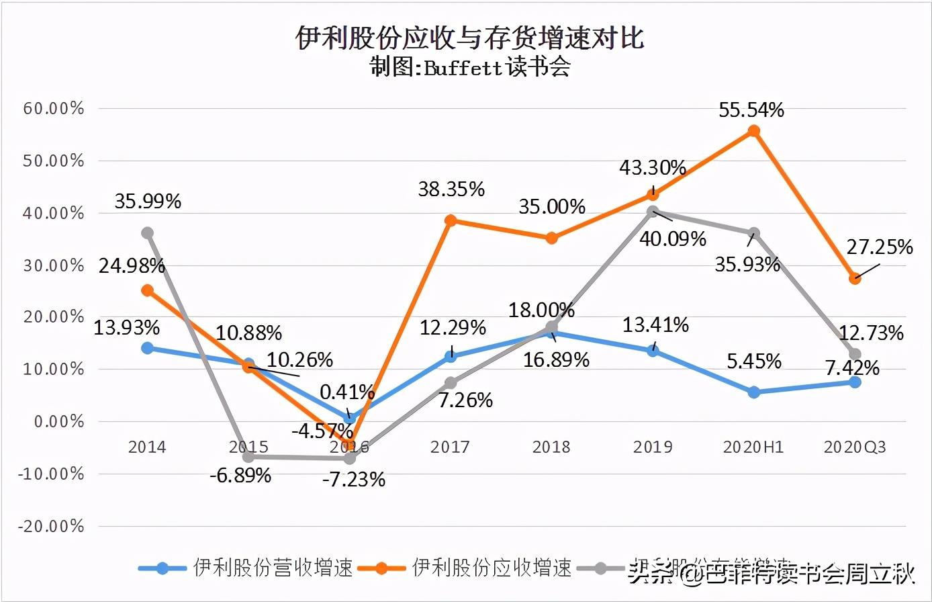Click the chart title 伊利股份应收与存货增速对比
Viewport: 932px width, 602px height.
469,38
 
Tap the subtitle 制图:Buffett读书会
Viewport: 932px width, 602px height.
469,68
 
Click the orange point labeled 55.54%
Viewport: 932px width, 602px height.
753,131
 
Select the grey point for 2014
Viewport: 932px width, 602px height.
147,233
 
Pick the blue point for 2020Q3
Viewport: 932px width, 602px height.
855,382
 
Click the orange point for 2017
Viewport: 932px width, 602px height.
451,220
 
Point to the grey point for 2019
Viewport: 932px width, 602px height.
653,212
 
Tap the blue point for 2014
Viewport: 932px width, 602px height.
147,348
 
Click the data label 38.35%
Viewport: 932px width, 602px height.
451,189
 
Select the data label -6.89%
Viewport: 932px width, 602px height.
240,476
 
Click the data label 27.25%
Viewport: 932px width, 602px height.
880,247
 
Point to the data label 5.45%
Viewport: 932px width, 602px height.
754,362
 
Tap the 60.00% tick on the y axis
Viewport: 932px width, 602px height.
54,108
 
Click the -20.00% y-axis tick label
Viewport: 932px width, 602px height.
51,526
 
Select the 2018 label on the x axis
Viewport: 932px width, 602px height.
551,447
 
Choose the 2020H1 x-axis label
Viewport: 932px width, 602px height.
753,447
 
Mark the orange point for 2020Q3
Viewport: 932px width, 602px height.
855,278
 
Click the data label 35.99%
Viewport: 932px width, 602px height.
148,202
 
